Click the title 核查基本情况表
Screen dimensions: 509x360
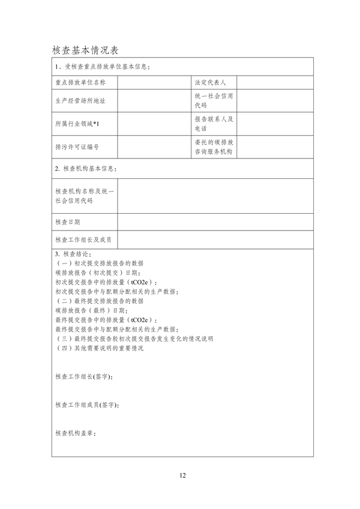pos(88,49)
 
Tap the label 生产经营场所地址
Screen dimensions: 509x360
pos(80,101)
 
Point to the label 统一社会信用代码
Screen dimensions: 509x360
pos(214,101)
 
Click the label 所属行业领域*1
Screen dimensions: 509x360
pos(76,124)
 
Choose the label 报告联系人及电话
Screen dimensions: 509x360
pos(214,124)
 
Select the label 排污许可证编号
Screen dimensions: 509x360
pos(76,146)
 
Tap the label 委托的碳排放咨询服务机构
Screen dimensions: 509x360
pos(214,146)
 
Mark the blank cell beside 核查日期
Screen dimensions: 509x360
pos(215,222)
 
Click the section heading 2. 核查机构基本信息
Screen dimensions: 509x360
pos(85,169)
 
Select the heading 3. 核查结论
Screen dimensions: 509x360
pos(73,254)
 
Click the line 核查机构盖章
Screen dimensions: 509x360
pos(75,433)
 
